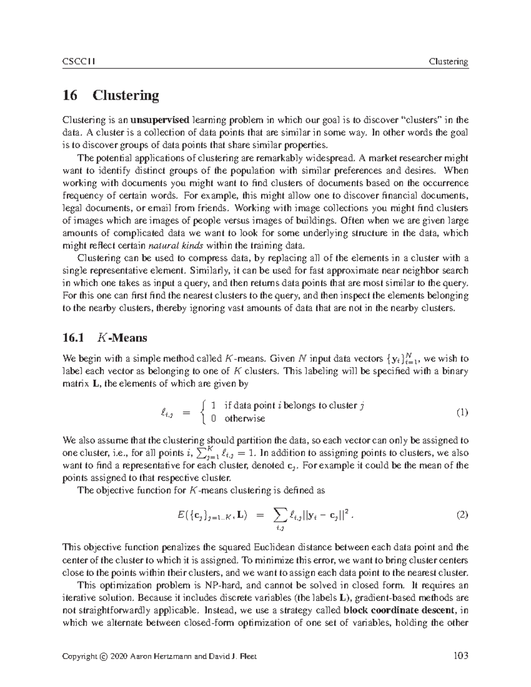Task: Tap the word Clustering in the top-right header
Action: pyautogui.click(x=448, y=61)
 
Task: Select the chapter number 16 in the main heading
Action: pyautogui.click(x=70, y=95)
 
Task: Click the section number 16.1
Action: pyautogui.click(x=73, y=338)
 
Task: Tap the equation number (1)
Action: pyautogui.click(x=462, y=412)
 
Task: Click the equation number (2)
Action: pyautogui.click(x=462, y=515)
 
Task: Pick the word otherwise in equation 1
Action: pyautogui.click(x=244, y=418)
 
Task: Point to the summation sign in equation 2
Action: pyautogui.click(x=280, y=514)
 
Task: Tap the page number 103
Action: pyautogui.click(x=461, y=656)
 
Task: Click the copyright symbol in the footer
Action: pyautogui.click(x=104, y=656)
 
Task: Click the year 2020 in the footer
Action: pyautogui.click(x=119, y=656)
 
